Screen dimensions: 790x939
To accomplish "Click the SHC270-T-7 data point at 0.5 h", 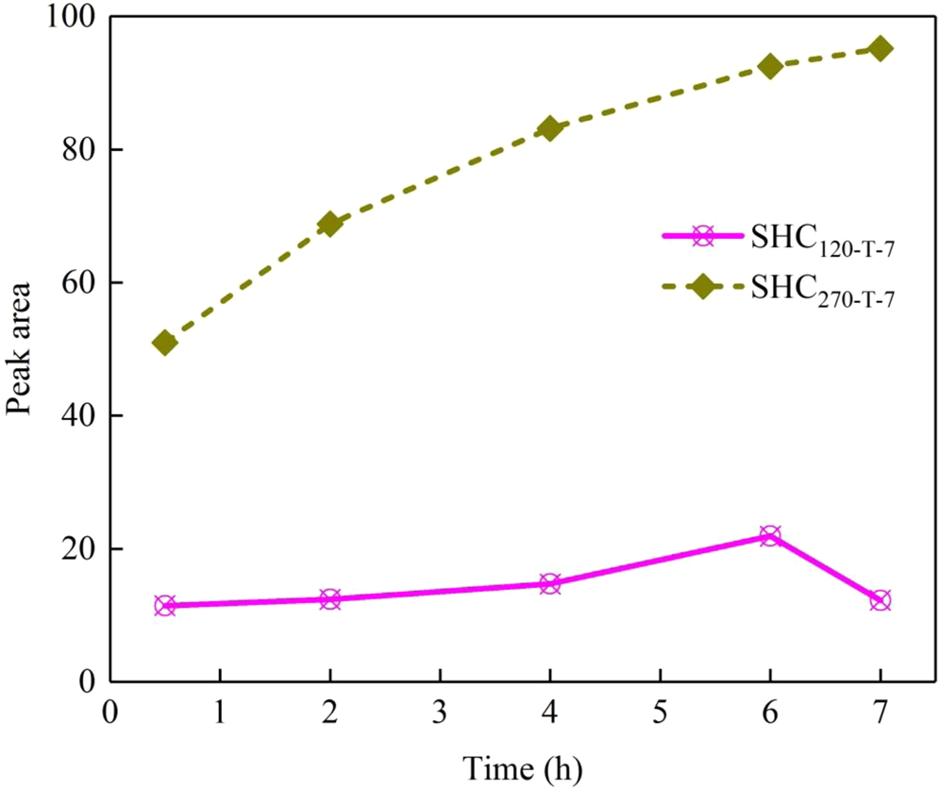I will (165, 342).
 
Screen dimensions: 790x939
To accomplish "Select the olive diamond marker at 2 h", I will (329, 224).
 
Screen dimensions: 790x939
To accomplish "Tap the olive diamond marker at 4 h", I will (550, 128).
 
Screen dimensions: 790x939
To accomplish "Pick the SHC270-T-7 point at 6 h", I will (770, 66).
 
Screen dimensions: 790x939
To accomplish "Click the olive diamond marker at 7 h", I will (880, 48).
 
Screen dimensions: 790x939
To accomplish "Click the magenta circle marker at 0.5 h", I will (165, 605).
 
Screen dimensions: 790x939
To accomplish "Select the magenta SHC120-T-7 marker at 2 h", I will (329, 598).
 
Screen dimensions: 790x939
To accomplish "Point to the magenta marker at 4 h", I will (550, 583).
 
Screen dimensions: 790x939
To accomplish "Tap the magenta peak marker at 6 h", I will (770, 535).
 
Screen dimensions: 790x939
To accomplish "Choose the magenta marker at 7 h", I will (880, 600).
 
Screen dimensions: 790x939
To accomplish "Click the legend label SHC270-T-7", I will (823, 290).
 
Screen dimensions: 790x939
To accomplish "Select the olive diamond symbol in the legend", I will (701, 287).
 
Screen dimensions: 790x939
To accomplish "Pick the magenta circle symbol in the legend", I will (701, 237).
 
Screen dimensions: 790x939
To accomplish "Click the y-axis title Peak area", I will (21, 349).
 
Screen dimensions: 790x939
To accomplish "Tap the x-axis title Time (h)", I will (522, 767).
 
